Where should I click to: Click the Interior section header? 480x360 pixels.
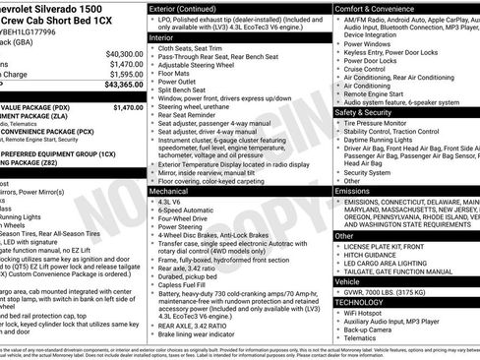pos(163,36)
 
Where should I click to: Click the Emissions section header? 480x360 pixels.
pos(354,190)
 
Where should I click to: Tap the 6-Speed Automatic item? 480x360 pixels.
pos(192,210)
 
